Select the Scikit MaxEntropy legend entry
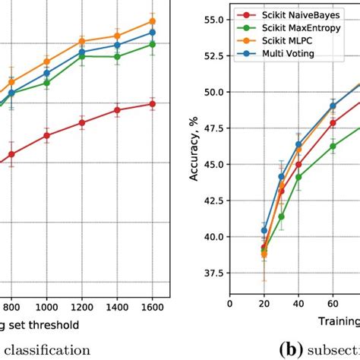tap(286, 28)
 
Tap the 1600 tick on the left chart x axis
tap(152, 310)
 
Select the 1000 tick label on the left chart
tap(47, 310)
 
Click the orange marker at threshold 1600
tap(152, 21)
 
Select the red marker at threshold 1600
tap(152, 103)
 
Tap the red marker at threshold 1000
tap(47, 135)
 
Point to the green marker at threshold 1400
tap(117, 56)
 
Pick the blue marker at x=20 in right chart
tap(264, 230)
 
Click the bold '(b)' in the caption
tap(291, 350)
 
